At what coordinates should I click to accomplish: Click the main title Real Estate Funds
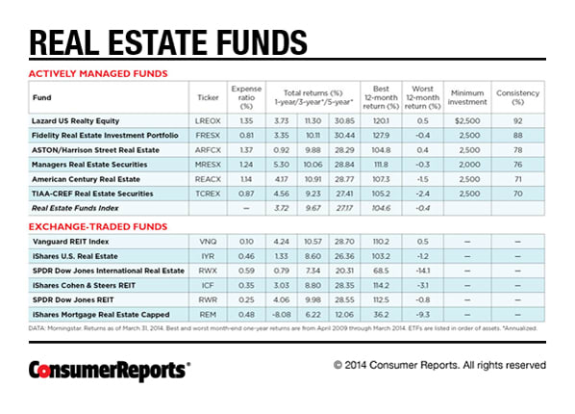click(168, 43)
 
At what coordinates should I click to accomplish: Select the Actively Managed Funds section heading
click(98, 73)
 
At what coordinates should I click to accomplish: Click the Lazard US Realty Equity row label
click(79, 122)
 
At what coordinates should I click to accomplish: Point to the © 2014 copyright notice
click(439, 366)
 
